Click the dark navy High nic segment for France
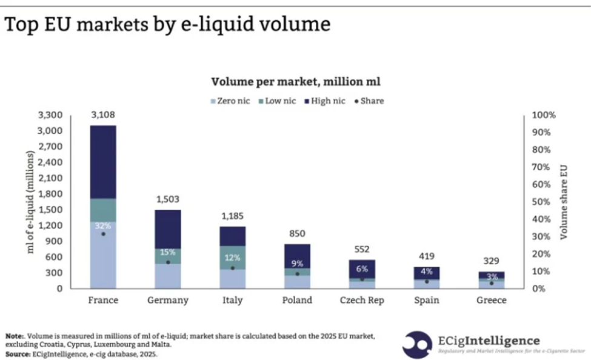tap(103, 161)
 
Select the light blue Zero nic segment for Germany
tap(168, 276)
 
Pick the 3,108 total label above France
tap(103, 115)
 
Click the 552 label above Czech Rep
tap(361, 249)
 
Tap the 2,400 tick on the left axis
tap(50, 162)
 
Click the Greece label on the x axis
tap(490, 300)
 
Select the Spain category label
tap(426, 300)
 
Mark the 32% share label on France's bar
tap(102, 225)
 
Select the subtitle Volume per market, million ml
tap(295, 81)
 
